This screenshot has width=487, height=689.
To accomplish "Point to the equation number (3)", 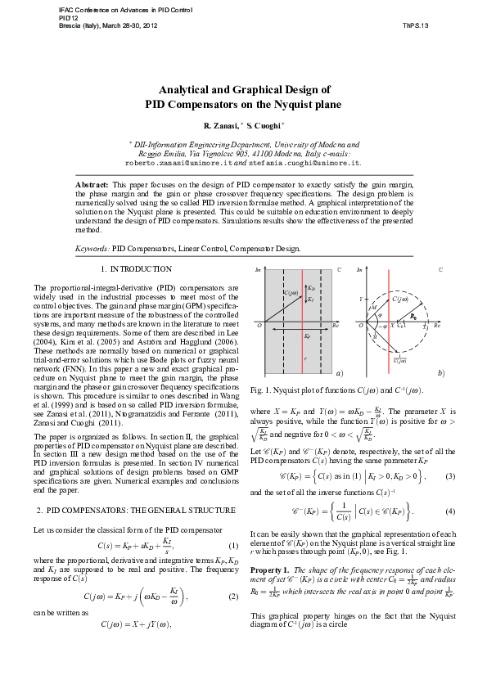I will click(x=449, y=475).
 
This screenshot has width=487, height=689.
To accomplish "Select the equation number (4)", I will click(x=449, y=511).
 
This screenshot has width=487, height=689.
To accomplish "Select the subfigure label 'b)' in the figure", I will click(x=441, y=373).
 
